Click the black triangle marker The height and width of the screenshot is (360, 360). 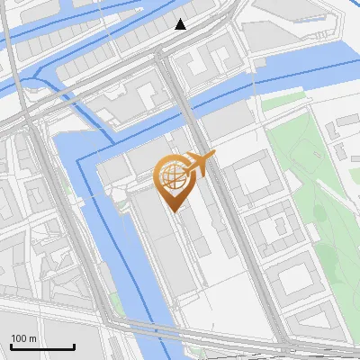click(x=181, y=24)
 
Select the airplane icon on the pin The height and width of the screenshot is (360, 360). click(x=199, y=163)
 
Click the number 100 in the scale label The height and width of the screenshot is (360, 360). click(x=19, y=337)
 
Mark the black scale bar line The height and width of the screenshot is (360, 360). click(x=42, y=346)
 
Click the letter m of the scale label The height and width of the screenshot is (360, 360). click(x=32, y=337)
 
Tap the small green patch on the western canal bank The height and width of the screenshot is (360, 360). click(x=114, y=301)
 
